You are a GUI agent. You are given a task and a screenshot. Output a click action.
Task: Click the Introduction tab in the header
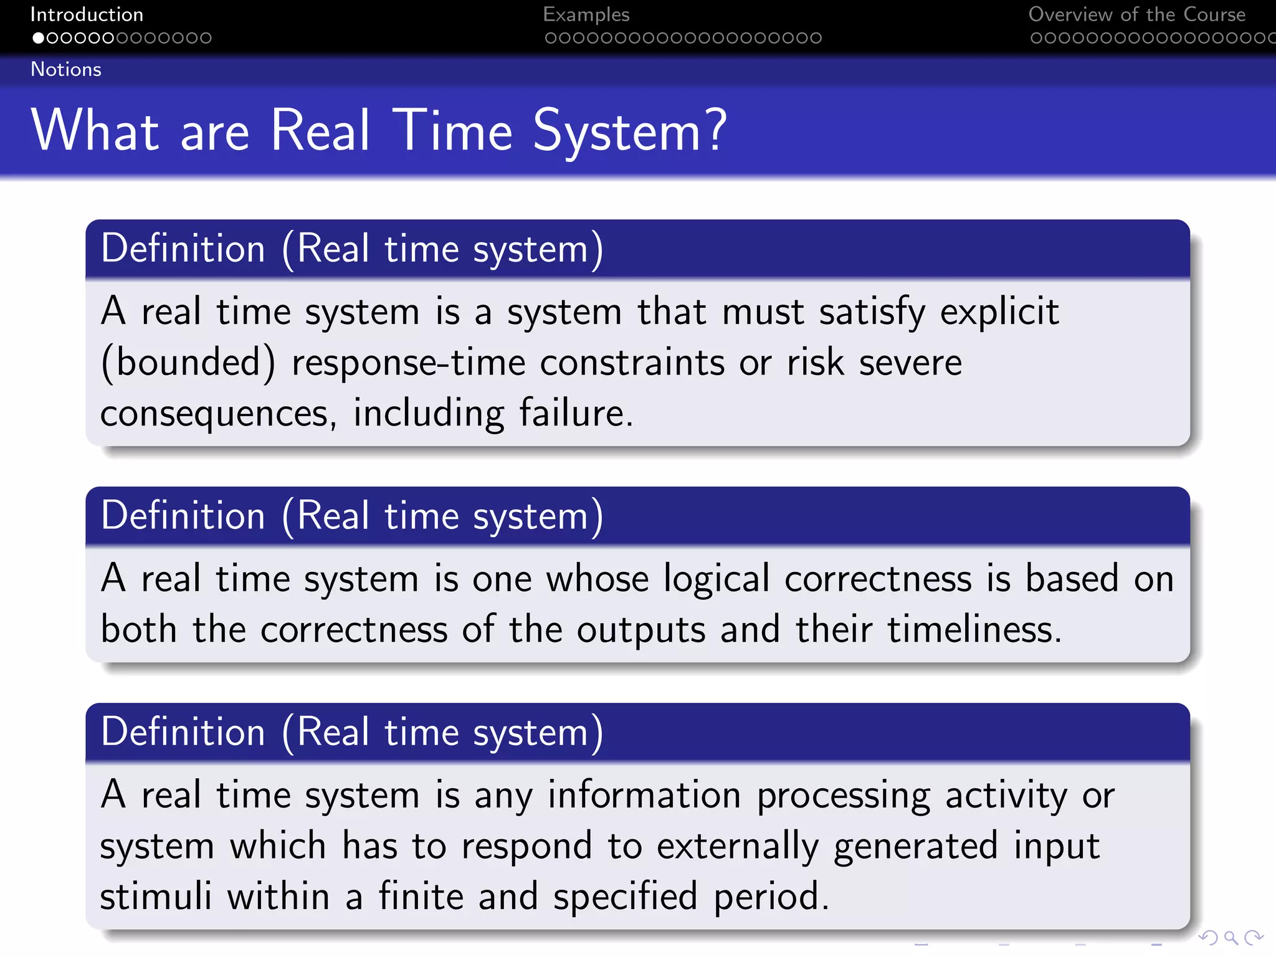pyautogui.click(x=87, y=14)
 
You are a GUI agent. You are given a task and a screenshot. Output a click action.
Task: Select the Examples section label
pyautogui.click(x=586, y=14)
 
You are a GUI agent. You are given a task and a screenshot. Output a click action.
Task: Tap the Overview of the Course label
pyautogui.click(x=1136, y=14)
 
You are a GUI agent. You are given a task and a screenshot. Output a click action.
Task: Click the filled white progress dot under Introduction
pyautogui.click(x=39, y=38)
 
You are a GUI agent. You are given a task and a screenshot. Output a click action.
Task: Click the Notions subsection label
pyautogui.click(x=66, y=69)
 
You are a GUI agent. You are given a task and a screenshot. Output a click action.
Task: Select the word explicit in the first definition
pyautogui.click(x=999, y=312)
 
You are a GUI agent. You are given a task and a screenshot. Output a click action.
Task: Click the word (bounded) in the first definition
pyautogui.click(x=188, y=363)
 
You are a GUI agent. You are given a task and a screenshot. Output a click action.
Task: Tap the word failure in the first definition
pyautogui.click(x=576, y=413)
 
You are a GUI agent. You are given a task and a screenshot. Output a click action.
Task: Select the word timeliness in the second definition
pyautogui.click(x=974, y=629)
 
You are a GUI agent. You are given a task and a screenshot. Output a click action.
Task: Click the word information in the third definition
pyautogui.click(x=644, y=795)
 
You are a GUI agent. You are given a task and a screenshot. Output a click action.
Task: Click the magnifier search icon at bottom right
pyautogui.click(x=1231, y=938)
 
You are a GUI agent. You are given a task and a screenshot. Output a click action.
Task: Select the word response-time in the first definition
pyautogui.click(x=409, y=363)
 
